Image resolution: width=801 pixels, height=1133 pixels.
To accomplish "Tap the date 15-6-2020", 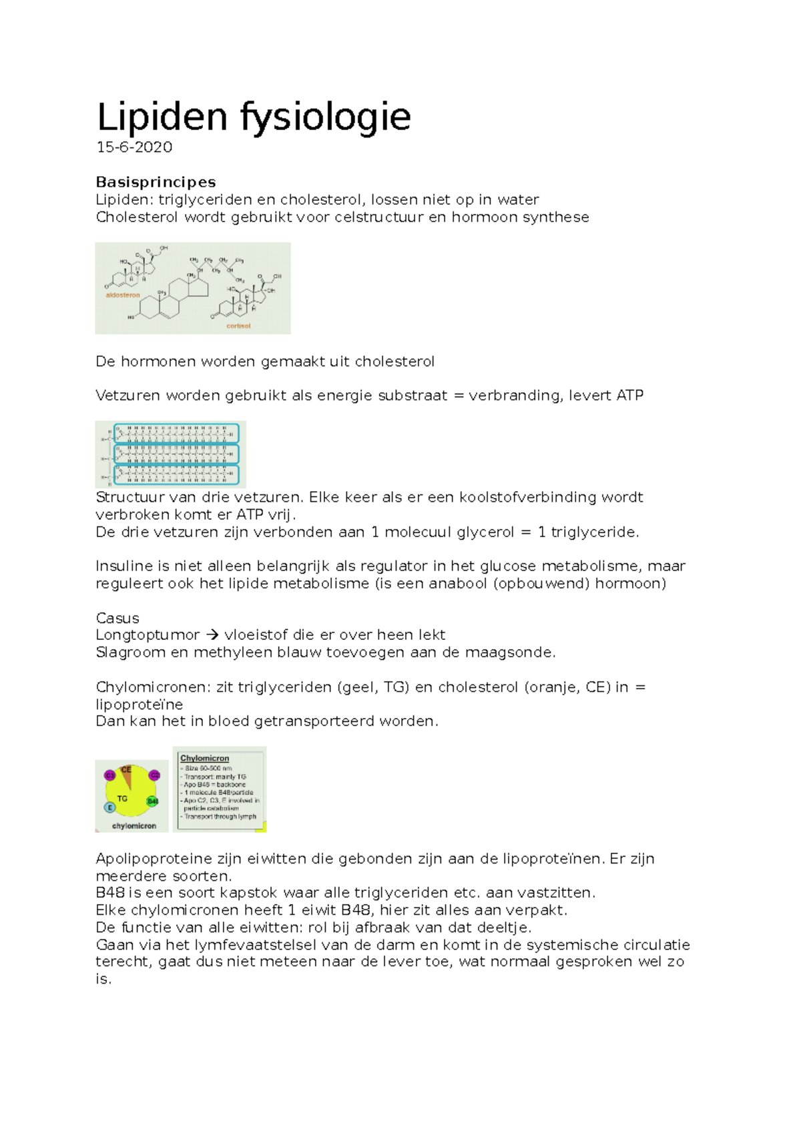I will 134,147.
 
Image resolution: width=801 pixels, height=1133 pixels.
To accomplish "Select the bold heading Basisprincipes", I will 156,182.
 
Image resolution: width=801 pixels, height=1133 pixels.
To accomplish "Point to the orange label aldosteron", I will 123,295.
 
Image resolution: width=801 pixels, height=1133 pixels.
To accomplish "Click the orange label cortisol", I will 238,326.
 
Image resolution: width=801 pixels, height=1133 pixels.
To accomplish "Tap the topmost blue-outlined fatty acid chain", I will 176,434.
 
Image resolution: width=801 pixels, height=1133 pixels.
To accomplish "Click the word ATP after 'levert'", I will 629,396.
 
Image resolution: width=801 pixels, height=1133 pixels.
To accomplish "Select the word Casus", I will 117,618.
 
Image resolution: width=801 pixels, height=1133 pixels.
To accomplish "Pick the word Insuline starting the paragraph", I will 124,566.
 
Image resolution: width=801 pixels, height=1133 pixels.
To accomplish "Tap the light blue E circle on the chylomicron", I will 110,807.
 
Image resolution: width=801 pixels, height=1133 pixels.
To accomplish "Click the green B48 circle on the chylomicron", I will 153,801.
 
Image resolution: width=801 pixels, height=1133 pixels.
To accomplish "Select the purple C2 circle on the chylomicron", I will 154,775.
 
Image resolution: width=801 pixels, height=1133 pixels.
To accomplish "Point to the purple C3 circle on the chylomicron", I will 110,775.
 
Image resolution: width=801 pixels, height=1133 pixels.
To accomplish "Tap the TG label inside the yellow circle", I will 122,798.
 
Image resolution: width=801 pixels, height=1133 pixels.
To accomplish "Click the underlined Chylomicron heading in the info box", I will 205,759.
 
